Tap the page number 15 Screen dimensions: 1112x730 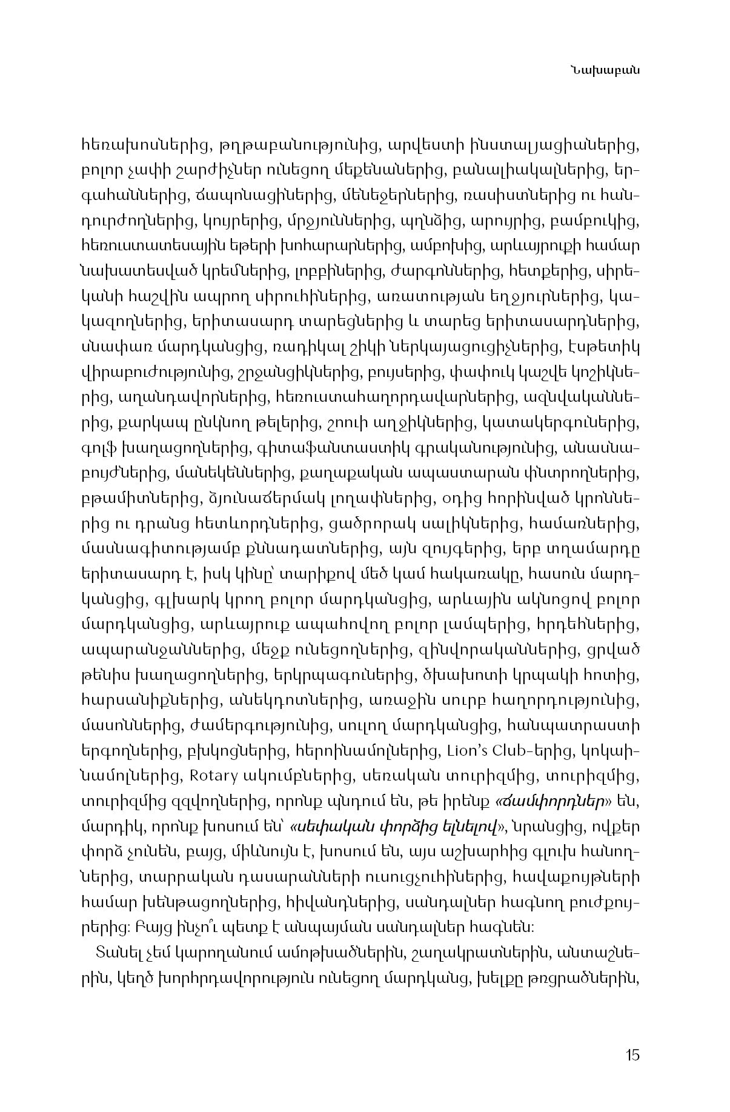click(632, 1054)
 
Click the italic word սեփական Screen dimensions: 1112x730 click(325, 827)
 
